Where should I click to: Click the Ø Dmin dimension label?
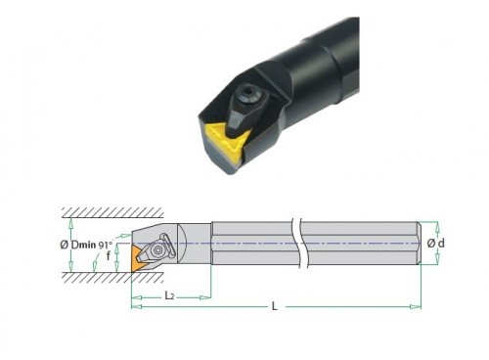point(78,245)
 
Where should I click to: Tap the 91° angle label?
point(106,245)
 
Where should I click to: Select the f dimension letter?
point(109,256)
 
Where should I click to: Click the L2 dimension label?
point(169,295)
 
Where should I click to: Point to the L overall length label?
point(275,306)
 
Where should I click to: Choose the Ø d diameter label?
point(436,243)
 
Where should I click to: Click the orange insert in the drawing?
point(139,258)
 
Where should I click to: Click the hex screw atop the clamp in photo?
point(246,95)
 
